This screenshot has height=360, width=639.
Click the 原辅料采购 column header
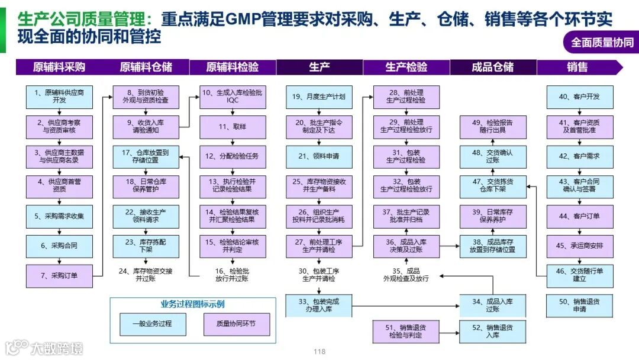(59, 67)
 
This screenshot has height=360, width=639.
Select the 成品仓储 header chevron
(492, 67)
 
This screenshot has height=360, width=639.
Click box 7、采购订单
(59, 275)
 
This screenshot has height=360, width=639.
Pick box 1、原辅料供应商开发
(59, 97)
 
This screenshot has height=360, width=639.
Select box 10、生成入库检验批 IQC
(232, 97)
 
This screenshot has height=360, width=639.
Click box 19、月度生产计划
(319, 97)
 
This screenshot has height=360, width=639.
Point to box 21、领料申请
(319, 156)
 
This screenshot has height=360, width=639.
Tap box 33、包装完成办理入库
(319, 306)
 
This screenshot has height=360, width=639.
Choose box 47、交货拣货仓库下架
(492, 186)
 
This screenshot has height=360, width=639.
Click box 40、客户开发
(579, 97)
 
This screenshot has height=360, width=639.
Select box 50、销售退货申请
(579, 306)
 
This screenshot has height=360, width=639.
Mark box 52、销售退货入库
(492, 331)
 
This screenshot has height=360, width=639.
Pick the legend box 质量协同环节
(235, 324)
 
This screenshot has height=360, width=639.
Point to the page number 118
(319, 352)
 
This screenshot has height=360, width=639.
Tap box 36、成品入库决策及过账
(406, 246)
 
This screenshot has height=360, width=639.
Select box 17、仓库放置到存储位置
(145, 156)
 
